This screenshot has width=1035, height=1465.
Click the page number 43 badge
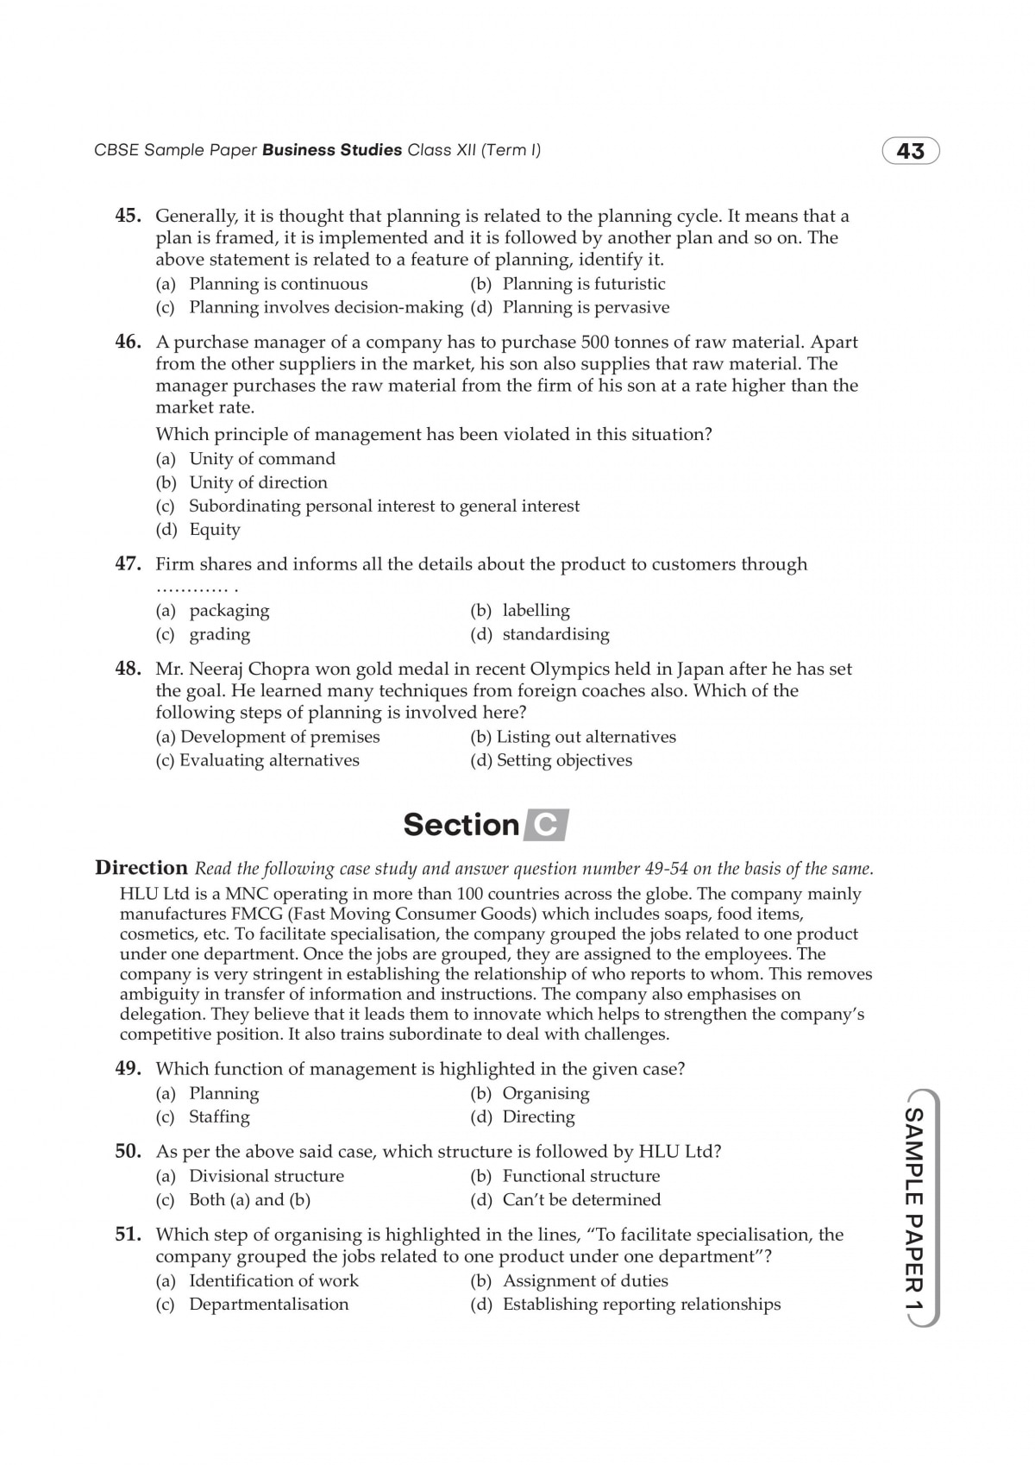910,152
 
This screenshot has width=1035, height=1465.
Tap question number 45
128,216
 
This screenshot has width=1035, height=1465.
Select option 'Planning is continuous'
278,284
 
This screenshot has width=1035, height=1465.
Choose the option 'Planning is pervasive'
586,307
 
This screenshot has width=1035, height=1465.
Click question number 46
128,342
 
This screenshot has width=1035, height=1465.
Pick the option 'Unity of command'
262,459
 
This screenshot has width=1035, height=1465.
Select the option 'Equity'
215,530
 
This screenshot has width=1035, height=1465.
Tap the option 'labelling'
536,611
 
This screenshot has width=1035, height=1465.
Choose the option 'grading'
220,634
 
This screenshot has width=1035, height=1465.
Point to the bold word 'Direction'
141,867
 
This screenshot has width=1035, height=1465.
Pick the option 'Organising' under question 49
546,1093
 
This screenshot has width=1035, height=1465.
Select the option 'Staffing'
219,1116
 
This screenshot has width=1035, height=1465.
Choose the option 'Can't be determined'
581,1199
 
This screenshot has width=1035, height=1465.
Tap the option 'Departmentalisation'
269,1304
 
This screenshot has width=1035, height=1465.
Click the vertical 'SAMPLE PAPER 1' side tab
912,1209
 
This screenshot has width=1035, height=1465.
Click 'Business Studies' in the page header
332,150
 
